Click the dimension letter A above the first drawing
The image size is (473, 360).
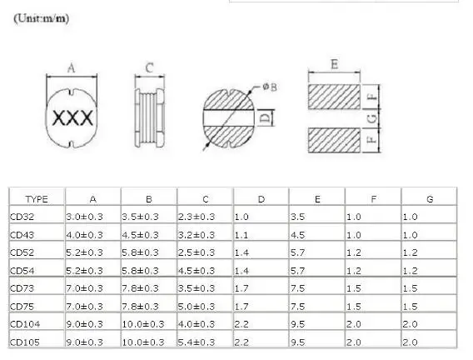pos(72,68)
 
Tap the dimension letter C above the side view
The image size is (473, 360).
pos(149,68)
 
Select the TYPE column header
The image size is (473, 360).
pos(37,199)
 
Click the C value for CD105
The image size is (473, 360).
pos(198,341)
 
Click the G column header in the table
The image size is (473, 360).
pos(430,199)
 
